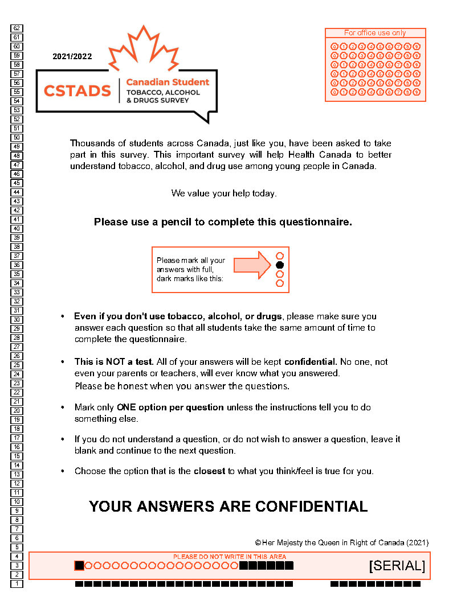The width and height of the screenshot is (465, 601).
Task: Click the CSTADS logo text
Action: pyautogui.click(x=77, y=90)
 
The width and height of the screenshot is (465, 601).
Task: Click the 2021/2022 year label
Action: pyautogui.click(x=72, y=56)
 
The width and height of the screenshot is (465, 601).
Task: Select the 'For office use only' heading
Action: pyautogui.click(x=375, y=33)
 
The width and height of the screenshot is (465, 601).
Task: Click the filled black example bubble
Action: pyautogui.click(x=280, y=265)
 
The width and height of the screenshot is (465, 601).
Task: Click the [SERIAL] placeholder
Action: pyautogui.click(x=397, y=566)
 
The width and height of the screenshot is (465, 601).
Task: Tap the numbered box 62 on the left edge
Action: pyautogui.click(x=17, y=28)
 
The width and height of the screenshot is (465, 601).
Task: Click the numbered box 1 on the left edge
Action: pyautogui.click(x=17, y=583)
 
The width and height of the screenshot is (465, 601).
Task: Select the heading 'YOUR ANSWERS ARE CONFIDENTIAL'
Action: pyautogui.click(x=228, y=507)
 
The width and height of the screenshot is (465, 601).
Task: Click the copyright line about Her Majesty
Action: pyautogui.click(x=341, y=542)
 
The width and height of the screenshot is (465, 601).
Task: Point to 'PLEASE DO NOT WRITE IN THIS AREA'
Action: pyautogui.click(x=230, y=557)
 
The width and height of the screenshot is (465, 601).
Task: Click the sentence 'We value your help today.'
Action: pyautogui.click(x=224, y=194)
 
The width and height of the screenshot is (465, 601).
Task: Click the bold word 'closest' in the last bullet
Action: pyautogui.click(x=209, y=471)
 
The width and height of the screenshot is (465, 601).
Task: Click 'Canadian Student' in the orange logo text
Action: pyautogui.click(x=168, y=82)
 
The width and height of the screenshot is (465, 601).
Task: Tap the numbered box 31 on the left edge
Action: pyautogui.click(x=17, y=310)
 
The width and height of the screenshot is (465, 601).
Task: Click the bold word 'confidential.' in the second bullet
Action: pyautogui.click(x=311, y=362)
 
